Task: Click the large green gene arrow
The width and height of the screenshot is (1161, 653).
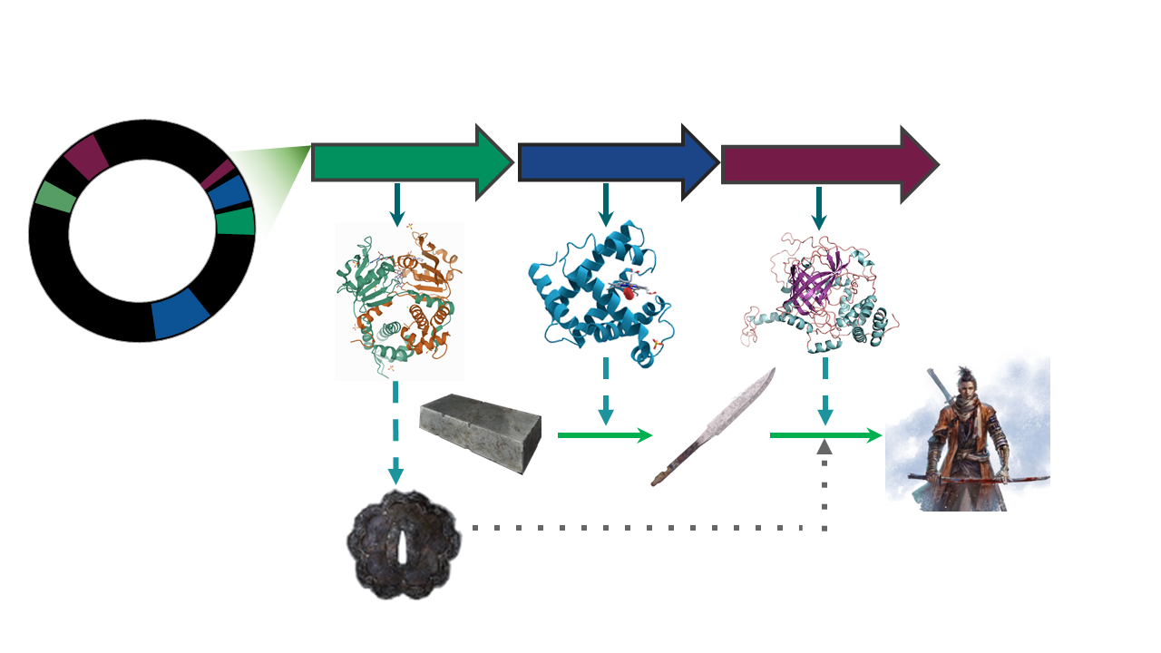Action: (408, 161)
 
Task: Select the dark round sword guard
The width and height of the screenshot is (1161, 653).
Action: (404, 544)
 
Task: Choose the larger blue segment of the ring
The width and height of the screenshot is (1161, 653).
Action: (180, 314)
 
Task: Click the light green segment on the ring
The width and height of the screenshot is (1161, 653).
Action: (54, 197)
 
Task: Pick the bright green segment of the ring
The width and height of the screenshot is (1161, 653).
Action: (236, 221)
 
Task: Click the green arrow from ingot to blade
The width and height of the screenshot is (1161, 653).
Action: (604, 435)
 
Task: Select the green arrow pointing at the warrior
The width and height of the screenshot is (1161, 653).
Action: (825, 436)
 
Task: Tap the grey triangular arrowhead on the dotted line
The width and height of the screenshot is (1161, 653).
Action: (824, 446)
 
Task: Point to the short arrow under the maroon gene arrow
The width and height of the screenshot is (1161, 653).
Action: (819, 209)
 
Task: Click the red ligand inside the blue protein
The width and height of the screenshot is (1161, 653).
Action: (626, 292)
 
